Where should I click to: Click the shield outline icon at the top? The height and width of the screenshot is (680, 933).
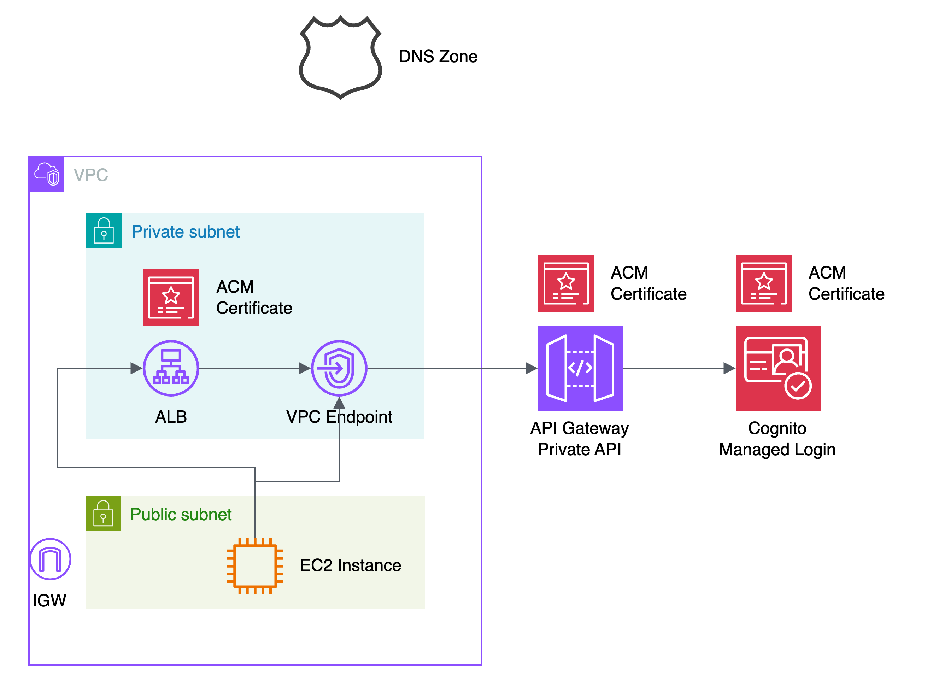340,57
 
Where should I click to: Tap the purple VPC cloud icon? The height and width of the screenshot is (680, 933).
47,174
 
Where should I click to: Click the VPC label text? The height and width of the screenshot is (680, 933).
90,175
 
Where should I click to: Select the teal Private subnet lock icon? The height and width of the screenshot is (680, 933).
104,230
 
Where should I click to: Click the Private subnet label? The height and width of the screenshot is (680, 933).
186,232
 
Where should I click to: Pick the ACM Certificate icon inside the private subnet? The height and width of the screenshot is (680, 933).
171,298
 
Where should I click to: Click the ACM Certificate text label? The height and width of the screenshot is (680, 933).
254,297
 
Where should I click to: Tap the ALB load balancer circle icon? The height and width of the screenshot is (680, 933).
171,368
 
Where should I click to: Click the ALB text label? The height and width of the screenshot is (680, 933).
171,417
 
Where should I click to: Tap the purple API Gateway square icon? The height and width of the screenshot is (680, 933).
580,368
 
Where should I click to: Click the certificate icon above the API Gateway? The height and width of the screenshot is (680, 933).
566,283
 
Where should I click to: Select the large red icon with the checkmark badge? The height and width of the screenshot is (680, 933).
778,368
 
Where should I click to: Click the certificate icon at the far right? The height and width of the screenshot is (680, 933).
764,283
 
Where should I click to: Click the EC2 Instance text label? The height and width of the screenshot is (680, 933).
350,565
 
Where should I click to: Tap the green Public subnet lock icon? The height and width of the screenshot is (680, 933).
103,513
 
